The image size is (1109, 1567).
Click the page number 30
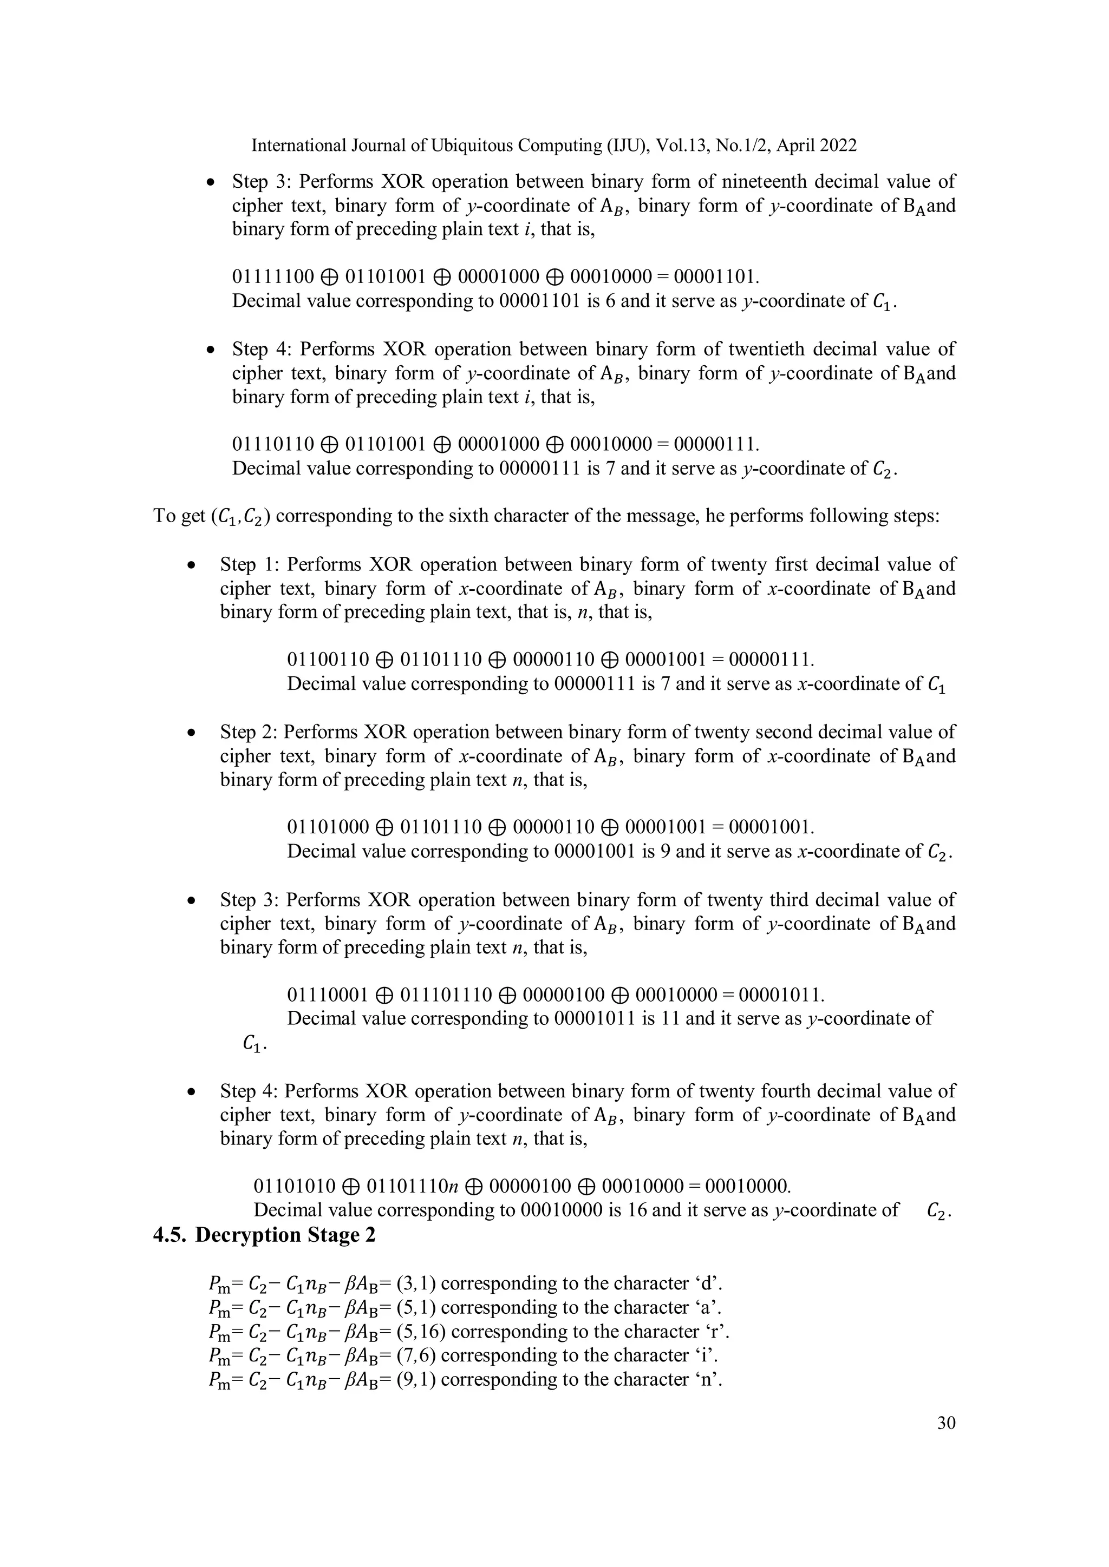[946, 1423]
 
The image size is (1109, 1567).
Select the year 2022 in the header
[836, 146]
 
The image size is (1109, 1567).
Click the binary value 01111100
[273, 276]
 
